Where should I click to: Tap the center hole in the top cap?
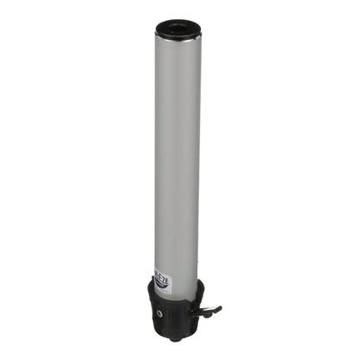[x=178, y=29]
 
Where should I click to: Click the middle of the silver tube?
[x=178, y=156]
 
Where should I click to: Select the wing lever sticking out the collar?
[x=209, y=310]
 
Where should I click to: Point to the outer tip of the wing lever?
[x=219, y=307]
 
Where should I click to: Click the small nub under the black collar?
[x=178, y=334]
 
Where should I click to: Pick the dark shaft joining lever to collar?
[x=202, y=308]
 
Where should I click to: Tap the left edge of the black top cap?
[x=157, y=31]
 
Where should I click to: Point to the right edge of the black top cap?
[x=200, y=31]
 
